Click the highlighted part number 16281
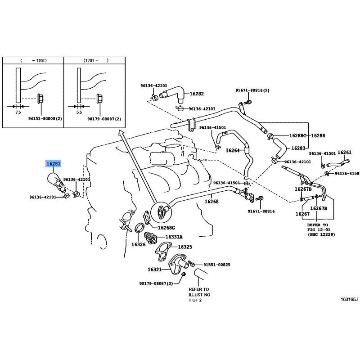[x=53, y=164]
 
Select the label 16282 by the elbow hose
[x=197, y=94]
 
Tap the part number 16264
[x=233, y=150]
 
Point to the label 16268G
[x=166, y=228]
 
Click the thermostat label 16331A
[x=174, y=237]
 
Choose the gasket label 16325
[x=185, y=247]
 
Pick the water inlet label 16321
[x=154, y=269]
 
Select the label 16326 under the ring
[x=139, y=244]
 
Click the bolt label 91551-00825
[x=217, y=265]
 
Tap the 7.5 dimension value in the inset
[x=18, y=112]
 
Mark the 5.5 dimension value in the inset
[x=79, y=112]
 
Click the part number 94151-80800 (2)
[x=45, y=119]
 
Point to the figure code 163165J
[x=349, y=299]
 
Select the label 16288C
[x=297, y=135]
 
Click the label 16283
[x=298, y=148]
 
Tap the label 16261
[x=345, y=153]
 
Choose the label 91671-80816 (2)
[x=252, y=90]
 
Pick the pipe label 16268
[x=211, y=202]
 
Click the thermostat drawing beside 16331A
[x=151, y=238]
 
